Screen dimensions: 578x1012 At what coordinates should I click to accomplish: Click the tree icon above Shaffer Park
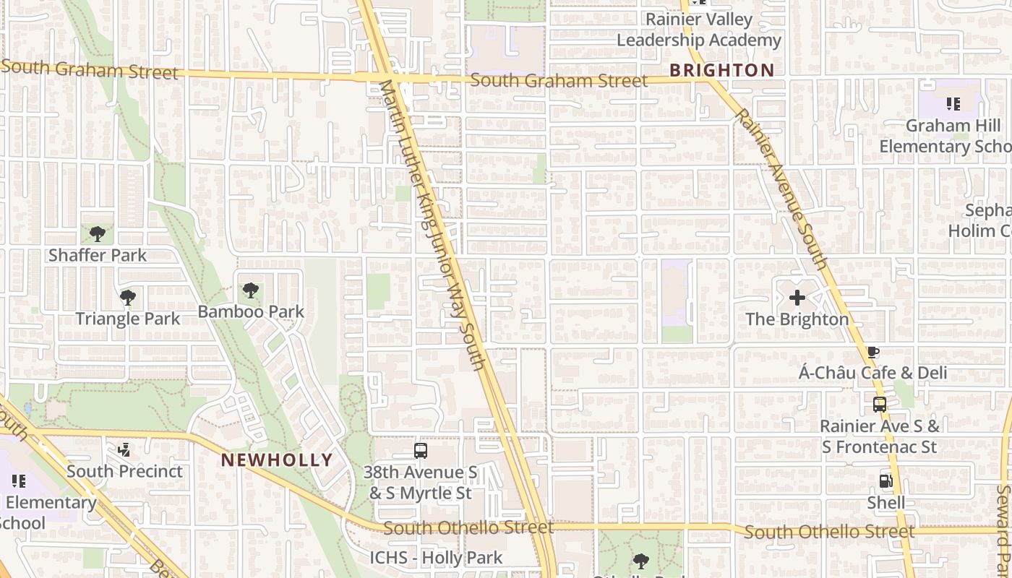pos(98,233)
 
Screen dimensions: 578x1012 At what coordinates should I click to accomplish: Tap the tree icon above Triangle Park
pos(128,297)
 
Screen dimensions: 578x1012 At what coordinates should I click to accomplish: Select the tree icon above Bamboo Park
pos(251,290)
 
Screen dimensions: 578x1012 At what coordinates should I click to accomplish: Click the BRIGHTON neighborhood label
pos(721,70)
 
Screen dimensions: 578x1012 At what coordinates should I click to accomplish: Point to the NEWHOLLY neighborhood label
pos(277,460)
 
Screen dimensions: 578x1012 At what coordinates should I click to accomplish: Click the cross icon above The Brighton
pos(797,297)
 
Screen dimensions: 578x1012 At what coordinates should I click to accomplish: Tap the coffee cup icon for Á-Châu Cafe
pos(873,352)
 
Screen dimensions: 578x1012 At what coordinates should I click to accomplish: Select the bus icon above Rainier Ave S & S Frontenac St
pos(880,405)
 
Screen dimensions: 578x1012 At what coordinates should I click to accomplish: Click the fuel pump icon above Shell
pos(886,480)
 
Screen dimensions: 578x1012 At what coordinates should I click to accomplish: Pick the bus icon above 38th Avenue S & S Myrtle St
pos(421,451)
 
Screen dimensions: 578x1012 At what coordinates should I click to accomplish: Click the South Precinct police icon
pos(124,450)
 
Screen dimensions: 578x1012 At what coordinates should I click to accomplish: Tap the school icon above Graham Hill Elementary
pos(953,104)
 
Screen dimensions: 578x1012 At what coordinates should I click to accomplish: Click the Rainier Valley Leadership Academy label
pos(699,30)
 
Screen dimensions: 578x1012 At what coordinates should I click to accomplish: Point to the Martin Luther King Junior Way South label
pos(432,224)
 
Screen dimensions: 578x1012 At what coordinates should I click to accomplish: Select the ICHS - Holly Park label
pos(436,557)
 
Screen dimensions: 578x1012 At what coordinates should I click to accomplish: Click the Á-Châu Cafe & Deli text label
pos(872,373)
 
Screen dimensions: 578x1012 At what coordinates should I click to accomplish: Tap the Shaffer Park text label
pos(98,255)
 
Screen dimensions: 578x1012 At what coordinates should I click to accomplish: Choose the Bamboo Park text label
pos(251,311)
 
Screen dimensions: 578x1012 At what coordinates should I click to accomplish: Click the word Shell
pos(886,502)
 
